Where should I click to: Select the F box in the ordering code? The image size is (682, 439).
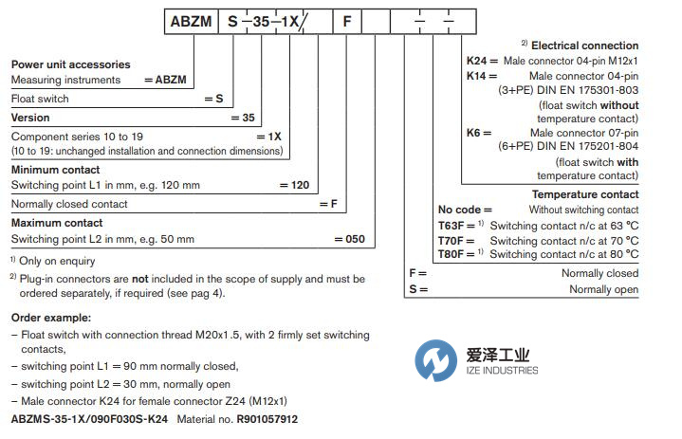346,19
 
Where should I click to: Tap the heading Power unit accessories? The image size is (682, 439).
71,64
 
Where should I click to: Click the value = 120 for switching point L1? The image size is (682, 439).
298,186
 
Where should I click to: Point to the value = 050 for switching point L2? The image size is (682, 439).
349,239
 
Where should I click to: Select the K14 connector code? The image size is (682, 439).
476,75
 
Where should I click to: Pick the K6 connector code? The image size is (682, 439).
473,134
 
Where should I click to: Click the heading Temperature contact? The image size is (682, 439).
587,194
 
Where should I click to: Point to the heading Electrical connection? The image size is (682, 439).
584,46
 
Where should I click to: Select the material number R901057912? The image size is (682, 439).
267,417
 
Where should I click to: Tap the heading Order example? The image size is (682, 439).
52,318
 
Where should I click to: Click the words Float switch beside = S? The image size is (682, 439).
39,98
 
